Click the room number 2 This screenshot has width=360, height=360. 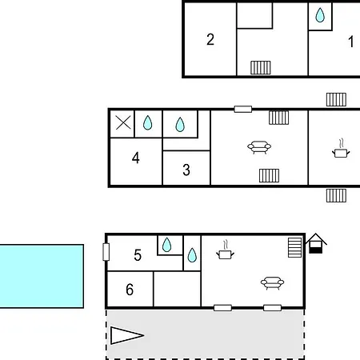(210, 39)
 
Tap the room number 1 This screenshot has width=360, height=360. (351, 42)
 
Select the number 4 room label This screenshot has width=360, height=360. (136, 158)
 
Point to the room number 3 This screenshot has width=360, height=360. (186, 170)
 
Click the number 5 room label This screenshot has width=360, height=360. (138, 255)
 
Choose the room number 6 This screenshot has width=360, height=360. (130, 290)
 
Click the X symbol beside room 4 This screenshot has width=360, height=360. (123, 123)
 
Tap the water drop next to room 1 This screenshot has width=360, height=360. (320, 15)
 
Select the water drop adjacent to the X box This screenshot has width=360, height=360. (148, 123)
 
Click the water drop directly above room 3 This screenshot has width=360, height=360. (180, 125)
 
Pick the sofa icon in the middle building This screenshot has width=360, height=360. (259, 147)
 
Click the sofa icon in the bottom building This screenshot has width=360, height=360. (272, 283)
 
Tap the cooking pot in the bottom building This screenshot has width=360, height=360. (226, 250)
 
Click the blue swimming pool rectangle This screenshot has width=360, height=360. (42, 276)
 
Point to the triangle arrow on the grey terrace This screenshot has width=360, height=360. (127, 335)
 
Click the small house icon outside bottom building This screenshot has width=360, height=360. (316, 243)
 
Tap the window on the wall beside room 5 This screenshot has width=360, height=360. (106, 252)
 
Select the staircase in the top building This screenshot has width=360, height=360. (261, 67)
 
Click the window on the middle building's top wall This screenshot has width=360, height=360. (243, 109)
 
